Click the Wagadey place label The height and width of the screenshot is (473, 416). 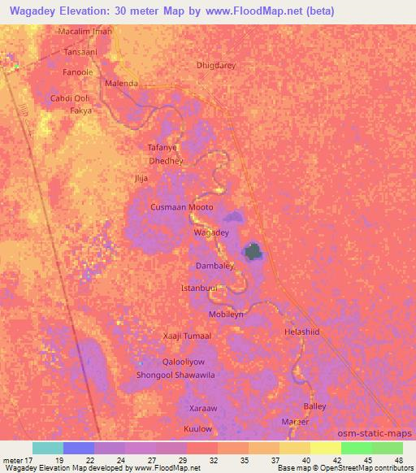210,232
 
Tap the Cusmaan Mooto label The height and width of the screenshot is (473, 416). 182,207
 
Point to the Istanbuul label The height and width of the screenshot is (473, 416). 199,289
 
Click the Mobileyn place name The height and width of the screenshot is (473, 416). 227,313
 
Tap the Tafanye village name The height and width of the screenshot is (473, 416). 162,148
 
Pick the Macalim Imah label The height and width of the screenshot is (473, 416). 85,31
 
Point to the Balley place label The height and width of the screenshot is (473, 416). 314,406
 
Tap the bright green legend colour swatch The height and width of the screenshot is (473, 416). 357,449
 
